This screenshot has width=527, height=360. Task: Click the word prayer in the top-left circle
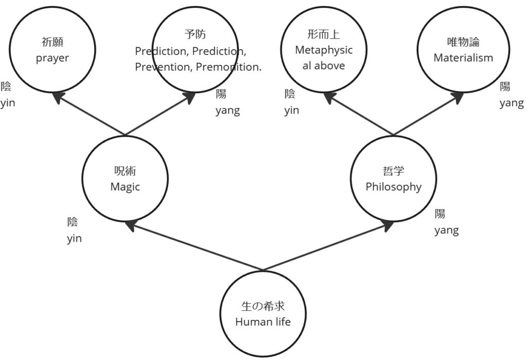click(x=52, y=58)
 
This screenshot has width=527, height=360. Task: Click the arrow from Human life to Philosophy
click(x=329, y=246)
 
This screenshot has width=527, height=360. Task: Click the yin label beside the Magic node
click(x=74, y=239)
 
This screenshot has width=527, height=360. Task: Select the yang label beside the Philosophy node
click(x=446, y=230)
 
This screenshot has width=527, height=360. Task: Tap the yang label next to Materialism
click(x=511, y=103)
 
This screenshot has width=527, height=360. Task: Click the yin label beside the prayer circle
click(x=7, y=103)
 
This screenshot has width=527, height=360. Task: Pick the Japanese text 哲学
click(x=393, y=172)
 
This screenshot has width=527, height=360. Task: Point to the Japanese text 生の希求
click(x=263, y=307)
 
